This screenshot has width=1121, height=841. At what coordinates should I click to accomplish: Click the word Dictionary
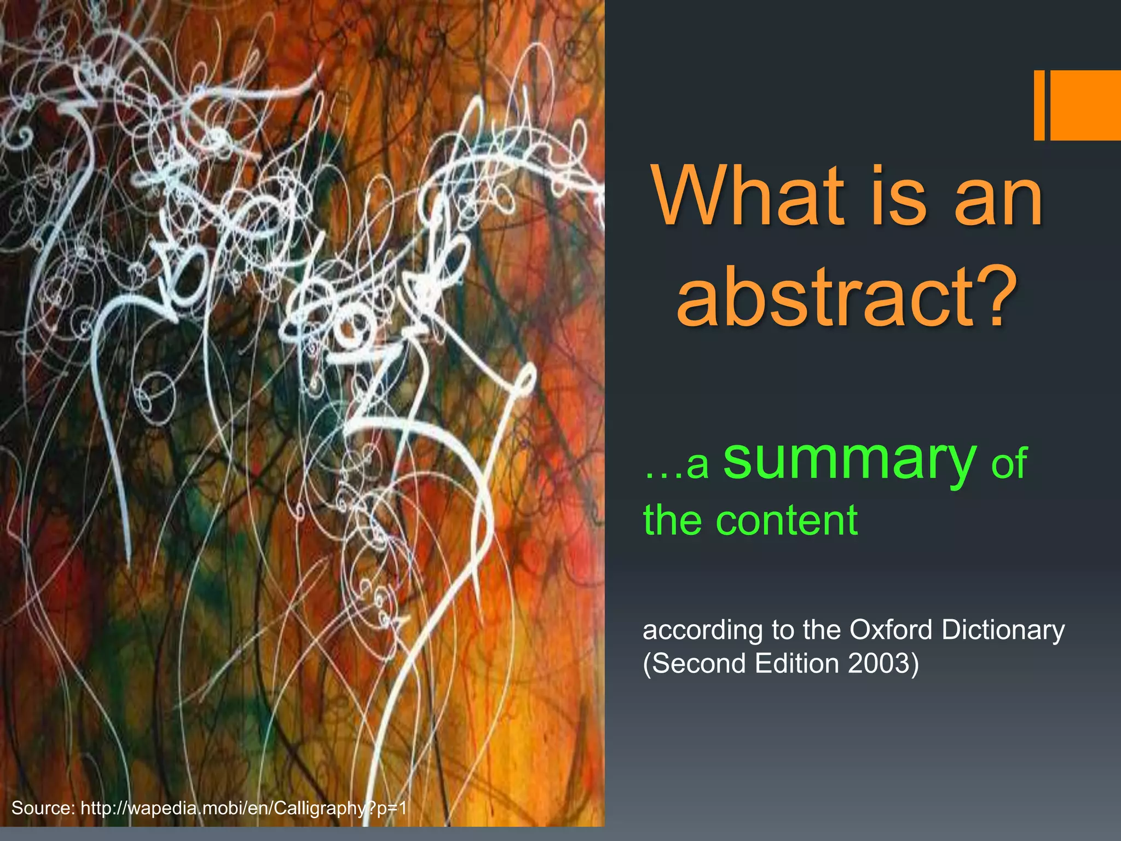click(1003, 630)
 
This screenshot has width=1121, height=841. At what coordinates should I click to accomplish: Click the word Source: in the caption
click(43, 808)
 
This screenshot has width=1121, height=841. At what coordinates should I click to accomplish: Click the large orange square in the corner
click(1085, 105)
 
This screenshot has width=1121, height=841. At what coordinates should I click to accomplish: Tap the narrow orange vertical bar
click(1039, 105)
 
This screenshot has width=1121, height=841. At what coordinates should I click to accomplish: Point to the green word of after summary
click(1009, 464)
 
